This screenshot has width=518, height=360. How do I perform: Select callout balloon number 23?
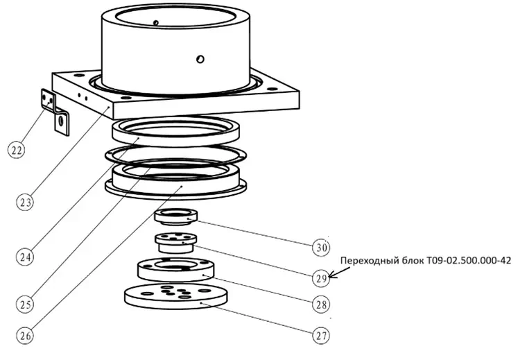[25, 202]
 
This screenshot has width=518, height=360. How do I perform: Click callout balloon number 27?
[320, 336]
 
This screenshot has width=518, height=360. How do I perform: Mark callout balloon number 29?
[320, 279]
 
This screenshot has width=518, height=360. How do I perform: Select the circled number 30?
[320, 246]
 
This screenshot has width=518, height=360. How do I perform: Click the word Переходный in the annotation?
[368, 262]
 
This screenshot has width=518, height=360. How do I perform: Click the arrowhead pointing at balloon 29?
[332, 275]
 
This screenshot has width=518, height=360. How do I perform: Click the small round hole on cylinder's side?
[200, 59]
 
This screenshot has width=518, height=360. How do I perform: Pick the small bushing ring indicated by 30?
[176, 218]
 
